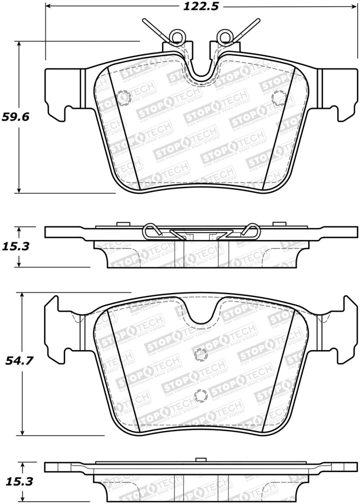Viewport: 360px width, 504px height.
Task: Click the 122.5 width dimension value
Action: click(x=201, y=6)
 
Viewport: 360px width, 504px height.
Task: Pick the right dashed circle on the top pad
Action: click(x=279, y=96)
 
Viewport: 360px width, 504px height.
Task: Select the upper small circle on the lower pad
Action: click(x=199, y=355)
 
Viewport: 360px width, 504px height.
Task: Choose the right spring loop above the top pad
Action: click(x=224, y=36)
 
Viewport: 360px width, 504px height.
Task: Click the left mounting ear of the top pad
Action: click(x=61, y=94)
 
